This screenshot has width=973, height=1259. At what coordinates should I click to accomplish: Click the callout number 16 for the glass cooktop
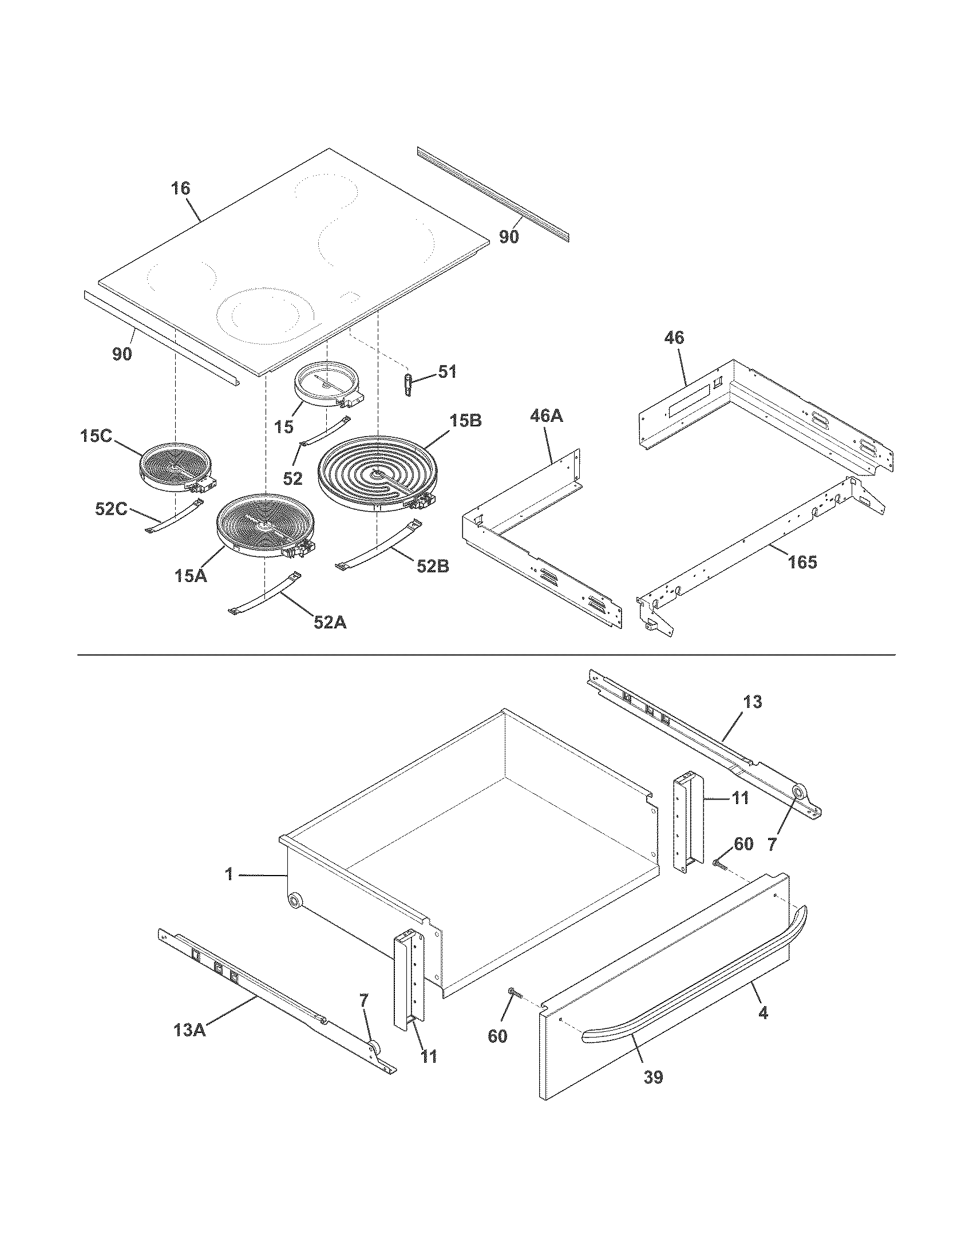(x=180, y=188)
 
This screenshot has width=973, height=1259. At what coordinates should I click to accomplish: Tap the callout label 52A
(x=330, y=622)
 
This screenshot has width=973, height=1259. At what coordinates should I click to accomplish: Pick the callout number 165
(x=802, y=561)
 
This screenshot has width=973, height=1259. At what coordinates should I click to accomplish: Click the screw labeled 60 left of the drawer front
(x=513, y=992)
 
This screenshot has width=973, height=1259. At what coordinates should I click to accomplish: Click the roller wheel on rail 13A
(x=374, y=1048)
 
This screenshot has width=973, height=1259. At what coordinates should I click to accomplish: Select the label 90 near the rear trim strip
(x=509, y=236)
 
